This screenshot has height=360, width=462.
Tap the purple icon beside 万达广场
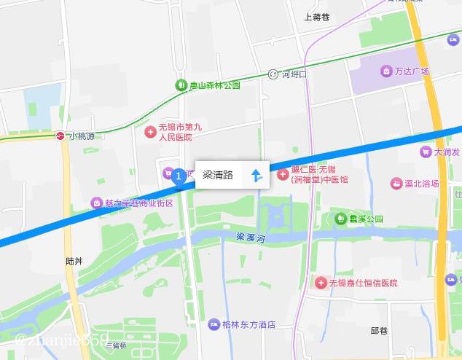386,71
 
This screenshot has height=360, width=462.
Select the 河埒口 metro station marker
273,74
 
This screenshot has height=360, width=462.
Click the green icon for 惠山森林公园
181,85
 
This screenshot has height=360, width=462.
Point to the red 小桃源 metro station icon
61,136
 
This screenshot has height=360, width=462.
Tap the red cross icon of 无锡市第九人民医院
150,132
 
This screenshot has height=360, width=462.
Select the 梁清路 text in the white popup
218,175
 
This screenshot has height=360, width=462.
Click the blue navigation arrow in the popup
256,175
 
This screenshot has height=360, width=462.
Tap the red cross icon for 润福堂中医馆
283,174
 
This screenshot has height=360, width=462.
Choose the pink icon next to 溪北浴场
397,184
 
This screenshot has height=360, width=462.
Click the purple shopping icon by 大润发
425,152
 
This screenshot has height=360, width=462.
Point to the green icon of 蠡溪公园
340,218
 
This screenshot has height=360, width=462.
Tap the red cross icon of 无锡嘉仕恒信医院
321,282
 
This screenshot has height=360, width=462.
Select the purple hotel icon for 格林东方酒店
214,324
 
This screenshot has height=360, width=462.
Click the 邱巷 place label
380,331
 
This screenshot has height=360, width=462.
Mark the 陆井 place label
74,260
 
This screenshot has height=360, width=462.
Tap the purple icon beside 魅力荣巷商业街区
96,203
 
